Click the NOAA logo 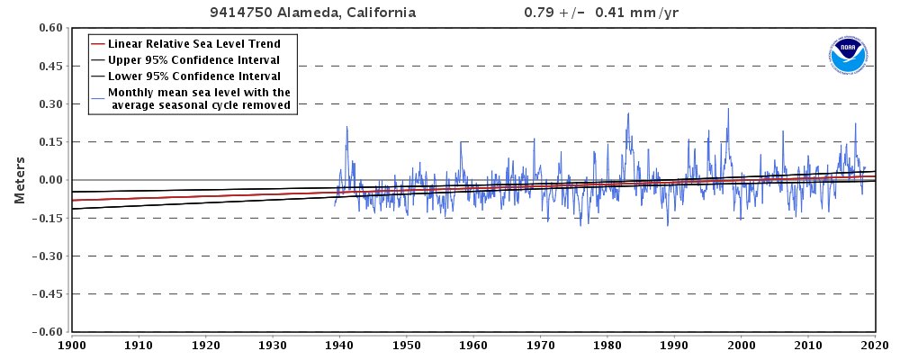848,56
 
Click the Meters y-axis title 19,180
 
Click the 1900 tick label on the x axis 71,345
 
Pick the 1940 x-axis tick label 339,345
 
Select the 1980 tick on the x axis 607,345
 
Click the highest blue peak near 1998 728,109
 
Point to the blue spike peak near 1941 346,127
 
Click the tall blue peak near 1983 628,113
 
